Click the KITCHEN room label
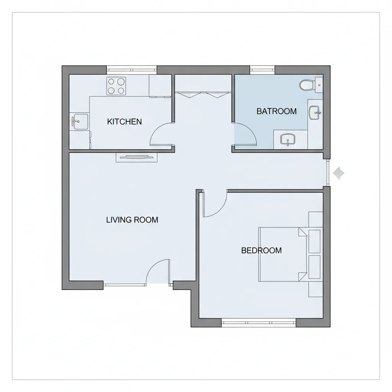point(124,122)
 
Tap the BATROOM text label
point(276,111)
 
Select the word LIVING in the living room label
point(118,220)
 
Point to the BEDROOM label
point(261,250)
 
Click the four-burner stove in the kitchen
point(116,86)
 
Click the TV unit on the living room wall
point(137,157)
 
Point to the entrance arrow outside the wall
point(339,173)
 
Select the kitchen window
point(131,70)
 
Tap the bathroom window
point(262,70)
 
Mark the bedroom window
point(259,322)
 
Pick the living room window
point(125,284)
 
